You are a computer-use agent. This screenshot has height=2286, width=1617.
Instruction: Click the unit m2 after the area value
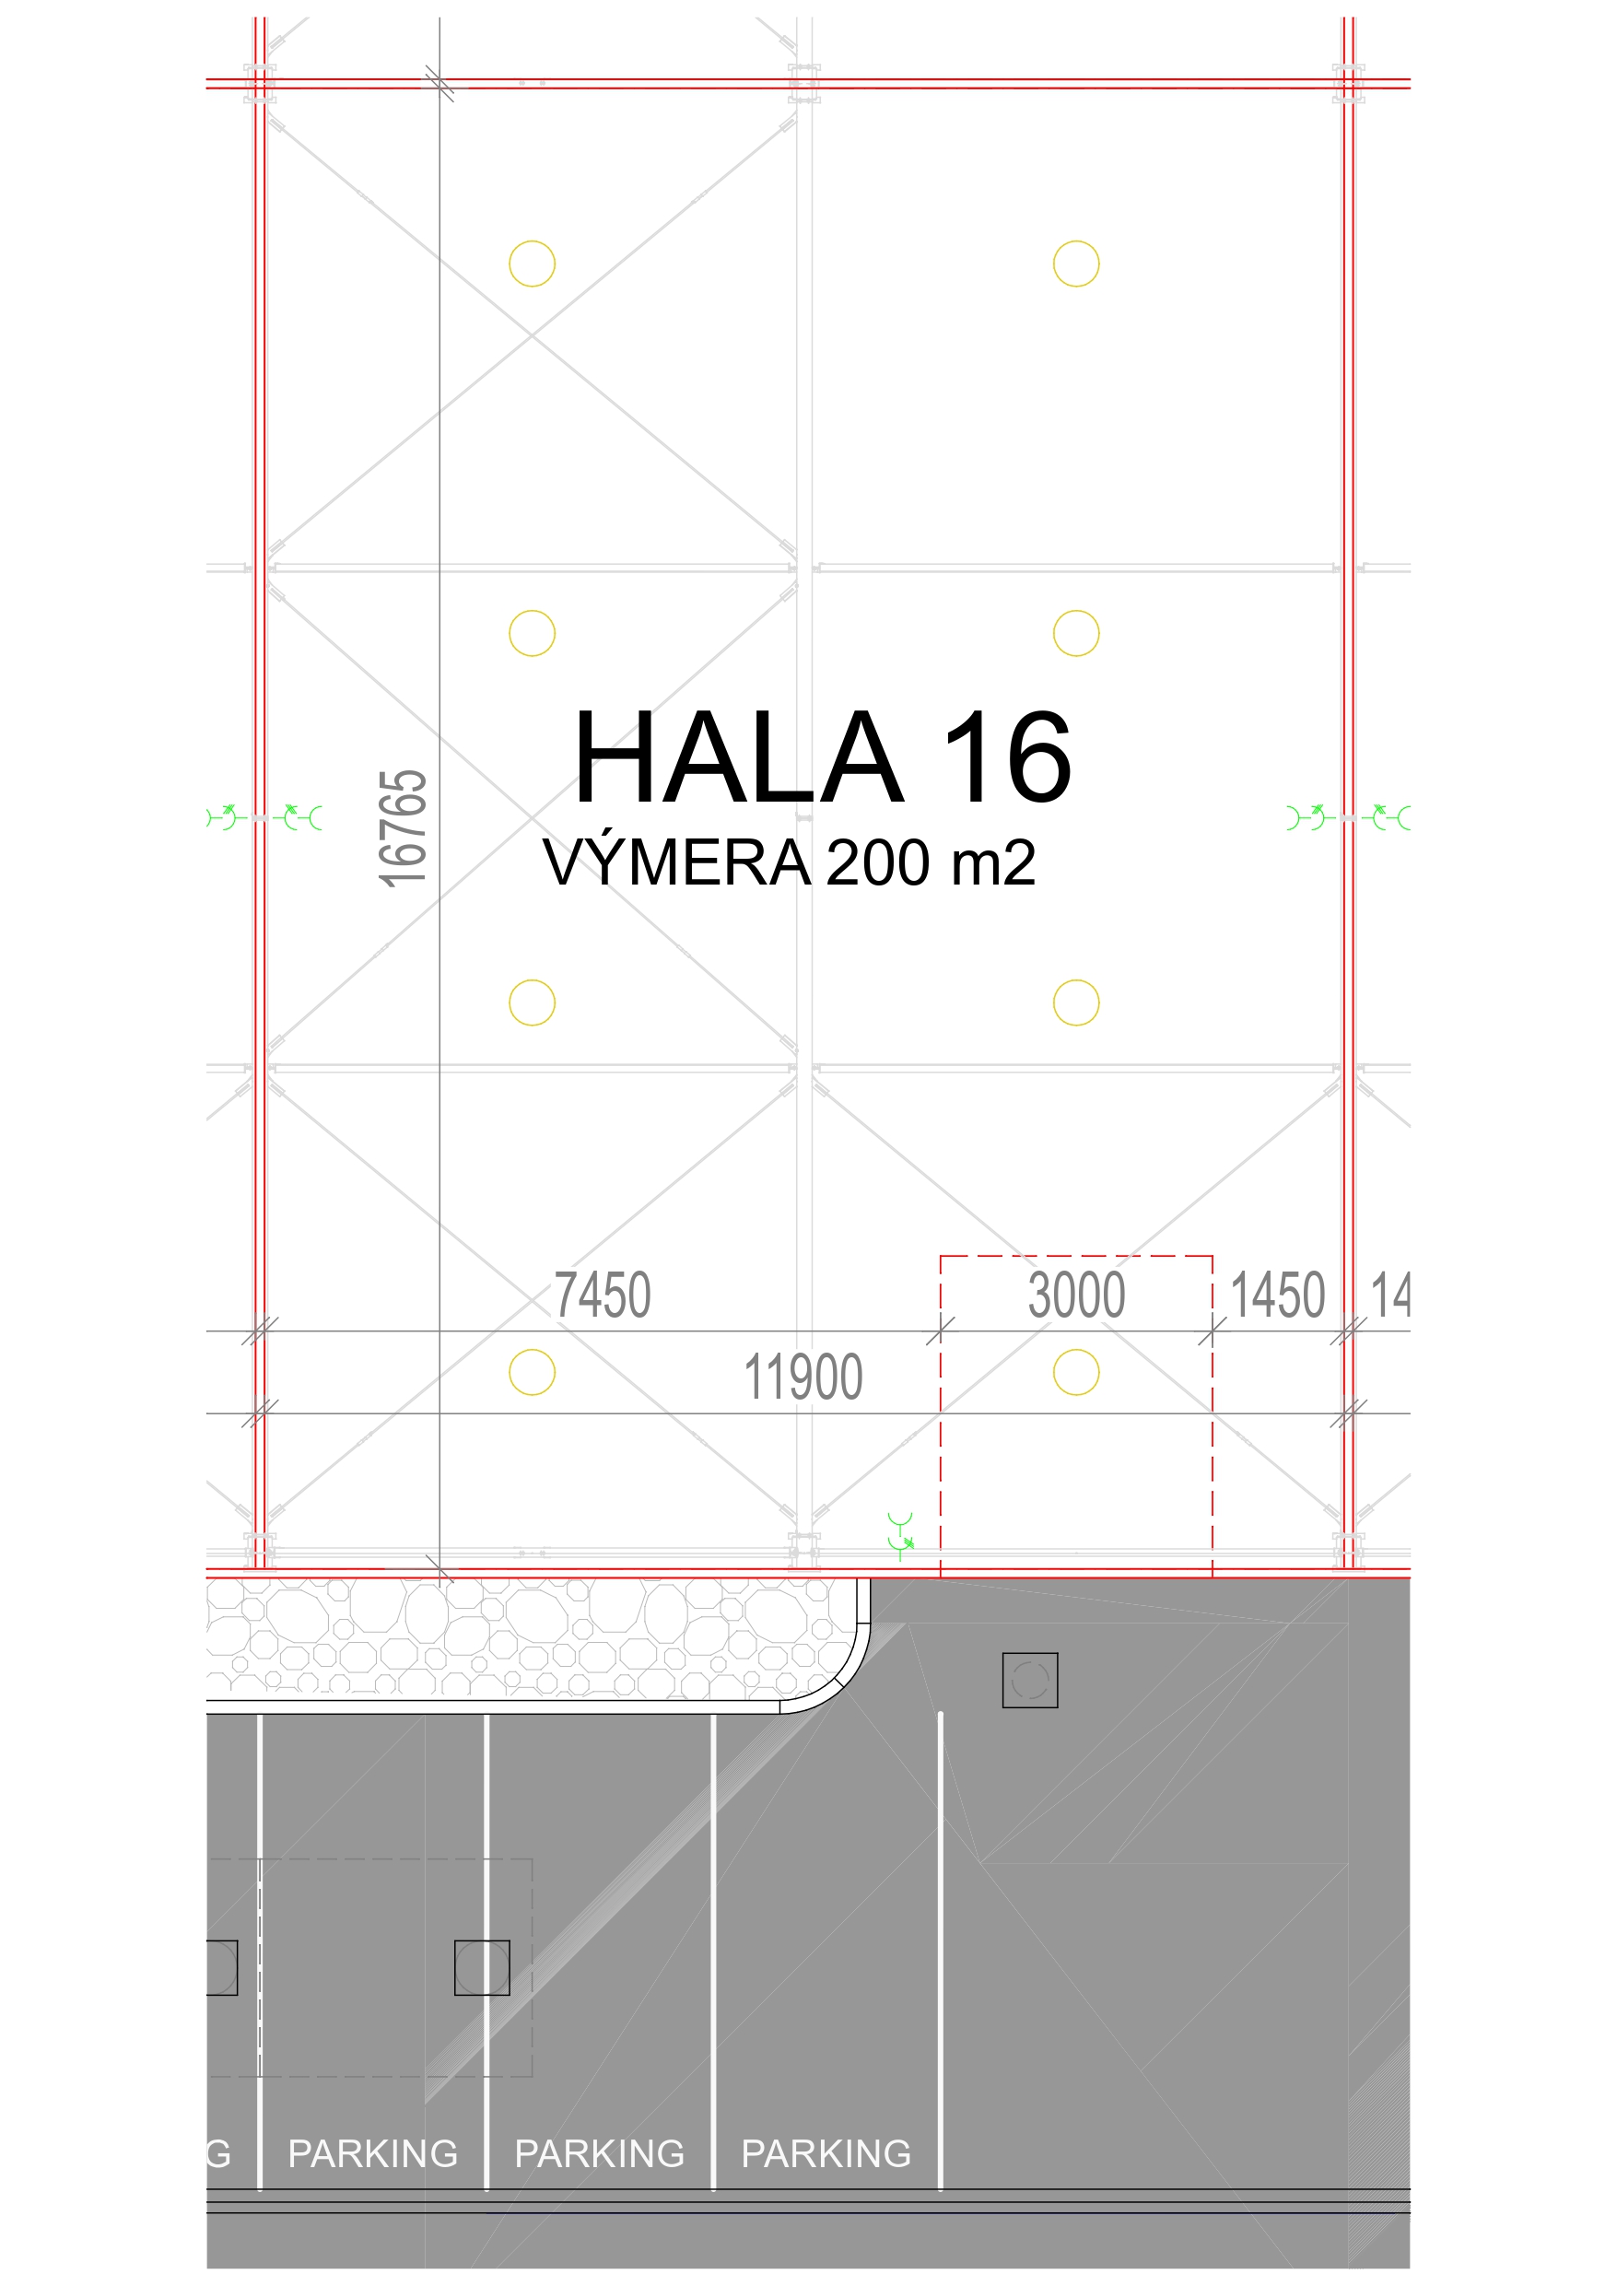pyautogui.click(x=992, y=862)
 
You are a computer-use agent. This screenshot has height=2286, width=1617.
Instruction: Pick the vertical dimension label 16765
pyautogui.click(x=404, y=827)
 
